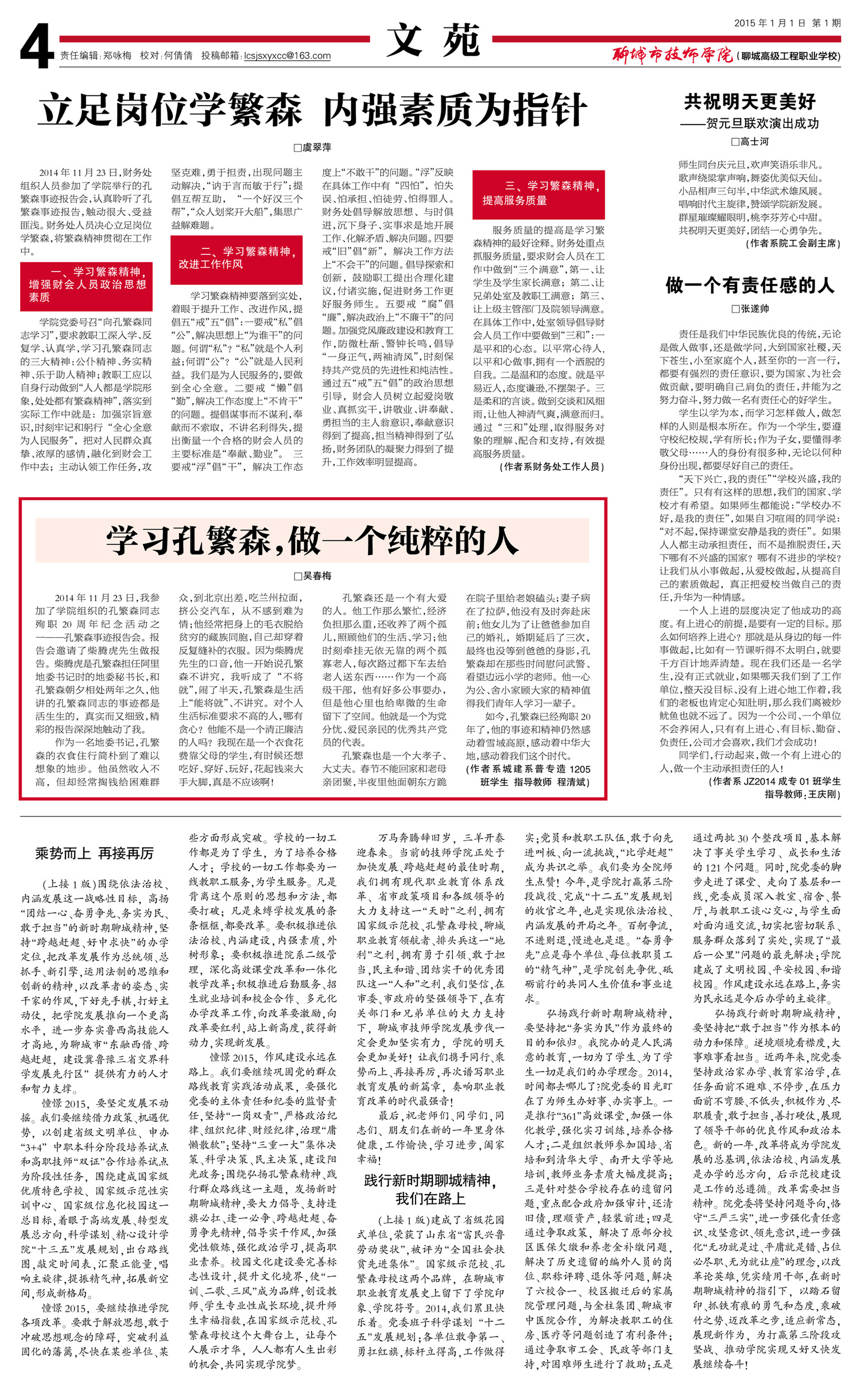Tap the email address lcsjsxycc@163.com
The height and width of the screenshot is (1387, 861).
click(x=287, y=56)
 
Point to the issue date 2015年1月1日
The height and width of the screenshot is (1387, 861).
click(x=770, y=23)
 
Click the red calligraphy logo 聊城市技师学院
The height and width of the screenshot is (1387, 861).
click(x=672, y=55)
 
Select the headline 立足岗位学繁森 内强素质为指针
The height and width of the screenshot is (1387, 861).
click(x=312, y=110)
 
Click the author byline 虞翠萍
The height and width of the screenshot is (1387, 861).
click(x=313, y=148)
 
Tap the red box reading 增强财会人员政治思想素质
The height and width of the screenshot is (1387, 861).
click(x=87, y=284)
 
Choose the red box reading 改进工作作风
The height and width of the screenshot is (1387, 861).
click(x=236, y=258)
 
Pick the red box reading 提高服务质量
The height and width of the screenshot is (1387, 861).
click(x=538, y=193)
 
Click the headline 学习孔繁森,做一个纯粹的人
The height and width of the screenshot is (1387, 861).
click(x=312, y=540)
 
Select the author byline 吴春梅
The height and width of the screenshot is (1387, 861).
click(x=313, y=576)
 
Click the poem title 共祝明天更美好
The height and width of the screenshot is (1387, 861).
click(x=749, y=102)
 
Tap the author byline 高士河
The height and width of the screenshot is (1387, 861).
click(x=750, y=141)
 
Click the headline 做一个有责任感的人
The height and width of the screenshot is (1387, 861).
click(x=749, y=285)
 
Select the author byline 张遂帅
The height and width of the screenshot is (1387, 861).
click(x=750, y=308)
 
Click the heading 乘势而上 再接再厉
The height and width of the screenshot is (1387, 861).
click(x=94, y=853)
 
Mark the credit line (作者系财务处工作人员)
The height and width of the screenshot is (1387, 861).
click(x=552, y=466)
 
